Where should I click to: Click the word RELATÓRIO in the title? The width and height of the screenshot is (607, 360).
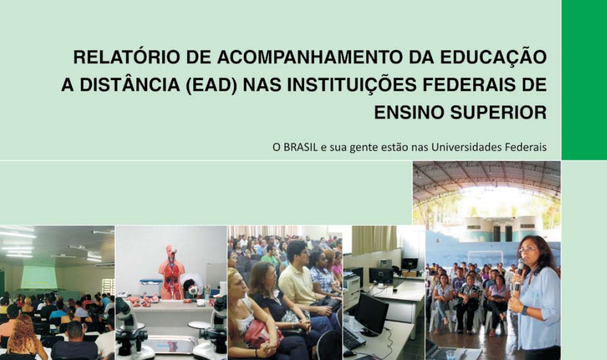pyautogui.click(x=126, y=57)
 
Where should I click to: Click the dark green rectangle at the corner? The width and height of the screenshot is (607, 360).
pyautogui.click(x=584, y=80)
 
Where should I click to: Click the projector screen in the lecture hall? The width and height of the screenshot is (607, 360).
pyautogui.click(x=39, y=277)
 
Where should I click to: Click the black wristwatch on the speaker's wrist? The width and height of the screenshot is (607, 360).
pyautogui.click(x=524, y=310)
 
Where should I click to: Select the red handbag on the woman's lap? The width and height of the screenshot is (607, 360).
pyautogui.click(x=262, y=333)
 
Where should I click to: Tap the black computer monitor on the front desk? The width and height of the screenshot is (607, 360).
pyautogui.click(x=371, y=314)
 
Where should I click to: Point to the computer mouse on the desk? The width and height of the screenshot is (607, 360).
pyautogui.click(x=349, y=353)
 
